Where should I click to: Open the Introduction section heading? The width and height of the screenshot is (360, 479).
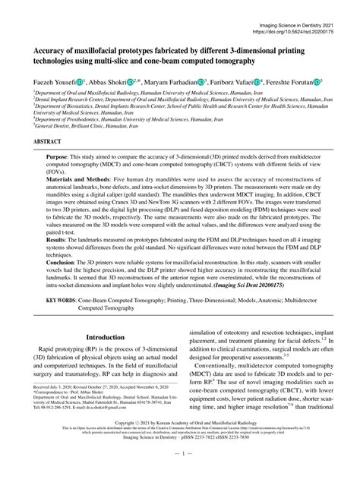104,336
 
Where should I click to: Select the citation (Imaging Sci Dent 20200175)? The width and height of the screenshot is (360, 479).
259,286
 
